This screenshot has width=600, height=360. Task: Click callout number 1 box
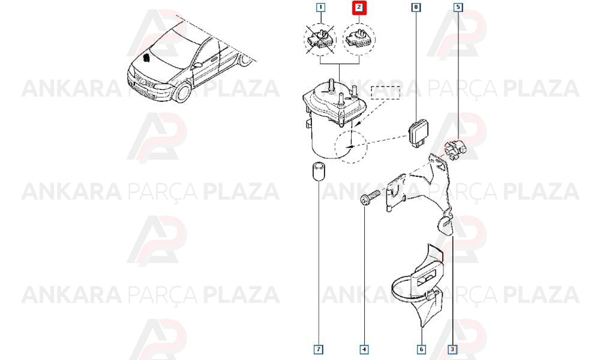coord(320,7)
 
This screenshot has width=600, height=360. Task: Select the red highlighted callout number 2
coord(359,8)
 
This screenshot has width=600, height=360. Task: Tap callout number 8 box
coord(416,7)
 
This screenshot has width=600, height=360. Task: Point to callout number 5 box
coord(458,7)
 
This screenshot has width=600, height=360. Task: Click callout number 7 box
coord(319,349)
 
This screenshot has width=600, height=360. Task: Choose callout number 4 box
coord(364,349)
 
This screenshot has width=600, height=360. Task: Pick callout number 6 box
coord(421,349)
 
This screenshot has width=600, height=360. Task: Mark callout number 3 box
coord(452,349)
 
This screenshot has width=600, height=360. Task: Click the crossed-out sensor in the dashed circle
coord(320,39)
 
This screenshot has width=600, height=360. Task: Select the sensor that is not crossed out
coord(359,39)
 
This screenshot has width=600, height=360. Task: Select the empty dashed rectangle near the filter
coord(385,92)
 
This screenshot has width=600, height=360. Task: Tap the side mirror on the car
coord(197,65)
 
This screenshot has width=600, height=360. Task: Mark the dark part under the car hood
coord(146,58)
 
